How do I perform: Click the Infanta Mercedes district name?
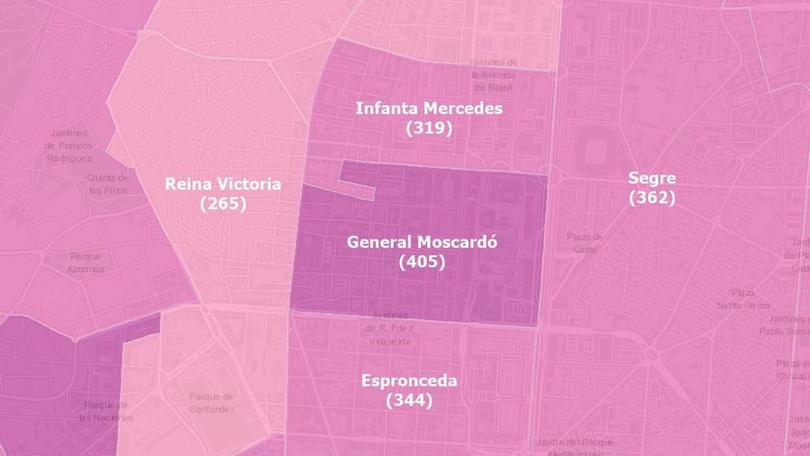[x=429, y=109]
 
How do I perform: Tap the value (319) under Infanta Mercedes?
[x=429, y=128]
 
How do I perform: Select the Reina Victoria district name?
[x=223, y=184]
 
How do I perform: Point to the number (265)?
[x=223, y=204]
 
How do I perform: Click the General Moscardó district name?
[x=422, y=242]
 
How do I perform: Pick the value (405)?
[x=422, y=262]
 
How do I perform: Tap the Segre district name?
[x=652, y=178]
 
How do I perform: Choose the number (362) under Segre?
[x=652, y=197]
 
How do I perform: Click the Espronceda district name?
[x=409, y=380]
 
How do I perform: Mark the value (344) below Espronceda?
[x=409, y=400]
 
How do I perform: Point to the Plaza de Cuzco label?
[x=586, y=242]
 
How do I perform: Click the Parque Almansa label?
[x=85, y=263]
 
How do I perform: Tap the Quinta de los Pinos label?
[x=108, y=183]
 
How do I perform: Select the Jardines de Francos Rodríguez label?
[x=69, y=146]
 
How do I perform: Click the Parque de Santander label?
[x=212, y=402]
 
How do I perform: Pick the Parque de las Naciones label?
[x=104, y=411]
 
